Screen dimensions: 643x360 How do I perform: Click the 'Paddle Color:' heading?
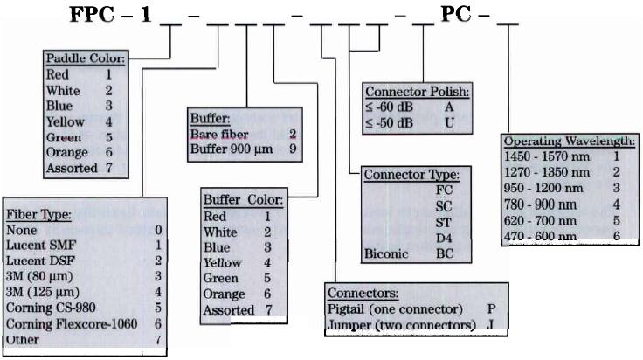coord(85,59)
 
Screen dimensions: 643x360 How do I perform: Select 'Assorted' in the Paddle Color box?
coord(72,168)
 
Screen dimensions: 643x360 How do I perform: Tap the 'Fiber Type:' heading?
coord(38,214)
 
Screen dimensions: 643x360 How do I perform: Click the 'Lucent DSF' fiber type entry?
coord(40,260)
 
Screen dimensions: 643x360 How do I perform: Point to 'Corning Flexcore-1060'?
coord(72,324)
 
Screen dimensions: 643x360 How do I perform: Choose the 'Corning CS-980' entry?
coord(51,308)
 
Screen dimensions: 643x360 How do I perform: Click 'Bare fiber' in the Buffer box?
coord(219,134)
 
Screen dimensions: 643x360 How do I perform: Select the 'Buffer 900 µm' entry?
coord(232,149)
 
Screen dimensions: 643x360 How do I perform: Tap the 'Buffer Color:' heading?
coord(243,200)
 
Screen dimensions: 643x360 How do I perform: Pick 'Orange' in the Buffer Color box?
coord(224,294)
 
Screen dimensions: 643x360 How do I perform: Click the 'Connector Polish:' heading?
coord(417,92)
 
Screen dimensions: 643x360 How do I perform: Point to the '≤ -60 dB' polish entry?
coord(389,107)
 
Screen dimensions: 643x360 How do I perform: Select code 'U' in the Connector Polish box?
coord(449,123)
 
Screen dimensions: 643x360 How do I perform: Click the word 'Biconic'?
coord(386,253)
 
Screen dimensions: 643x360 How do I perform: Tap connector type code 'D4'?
coord(444,239)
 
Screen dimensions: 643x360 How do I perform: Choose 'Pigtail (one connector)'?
coord(395,309)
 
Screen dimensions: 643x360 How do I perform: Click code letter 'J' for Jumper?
coord(490,325)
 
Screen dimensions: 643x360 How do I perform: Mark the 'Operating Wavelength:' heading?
coord(570,142)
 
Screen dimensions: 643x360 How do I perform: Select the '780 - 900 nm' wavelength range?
coord(540,204)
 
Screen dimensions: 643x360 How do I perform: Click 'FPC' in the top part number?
coord(93,15)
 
